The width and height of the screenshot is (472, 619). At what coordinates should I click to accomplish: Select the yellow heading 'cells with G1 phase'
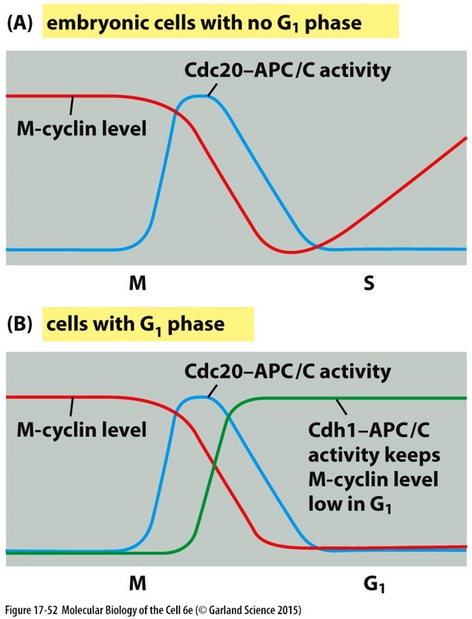135,324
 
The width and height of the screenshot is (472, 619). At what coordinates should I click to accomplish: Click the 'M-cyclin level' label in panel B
81,429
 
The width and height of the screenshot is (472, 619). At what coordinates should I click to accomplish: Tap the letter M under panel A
137,284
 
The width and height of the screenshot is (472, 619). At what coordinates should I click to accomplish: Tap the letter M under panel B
137,584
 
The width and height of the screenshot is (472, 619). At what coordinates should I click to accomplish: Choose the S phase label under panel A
369,284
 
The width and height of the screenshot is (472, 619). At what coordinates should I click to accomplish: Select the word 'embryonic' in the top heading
88,23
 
